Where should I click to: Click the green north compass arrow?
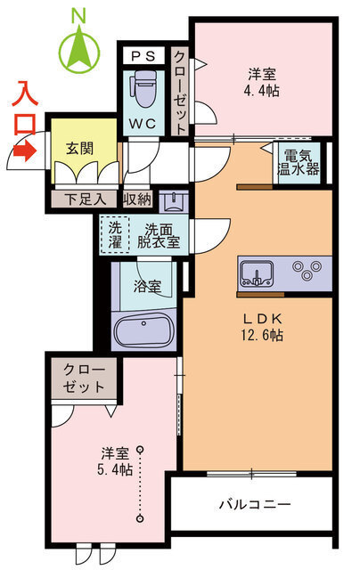pos(79,51)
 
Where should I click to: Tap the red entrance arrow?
pos(24,151)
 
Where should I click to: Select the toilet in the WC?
pos(145,88)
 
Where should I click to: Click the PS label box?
pos(143,56)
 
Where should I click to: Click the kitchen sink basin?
pos(257,273)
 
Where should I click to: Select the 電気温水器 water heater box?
pos(299,164)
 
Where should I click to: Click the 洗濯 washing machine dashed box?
pos(115,234)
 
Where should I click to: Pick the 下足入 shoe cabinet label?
pos(86,199)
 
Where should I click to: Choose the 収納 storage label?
pos(137,199)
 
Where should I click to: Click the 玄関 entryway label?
pos(79,149)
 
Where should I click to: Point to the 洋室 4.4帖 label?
pos(262,83)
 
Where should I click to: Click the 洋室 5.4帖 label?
pos(115,461)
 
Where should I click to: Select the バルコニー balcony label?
pos(255,504)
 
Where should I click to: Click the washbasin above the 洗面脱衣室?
pos(174,202)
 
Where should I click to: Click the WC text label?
pos(143,124)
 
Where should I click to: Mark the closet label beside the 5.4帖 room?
pos(84,378)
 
